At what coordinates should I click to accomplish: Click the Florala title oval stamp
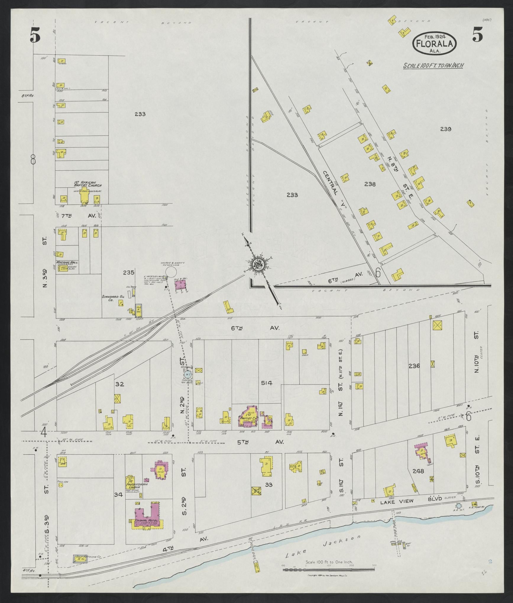point(434,43)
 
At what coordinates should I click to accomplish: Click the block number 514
point(266,383)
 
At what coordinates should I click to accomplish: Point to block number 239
point(445,129)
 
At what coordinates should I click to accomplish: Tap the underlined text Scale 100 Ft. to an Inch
point(433,66)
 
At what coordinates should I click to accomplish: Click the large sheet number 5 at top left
point(35,37)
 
